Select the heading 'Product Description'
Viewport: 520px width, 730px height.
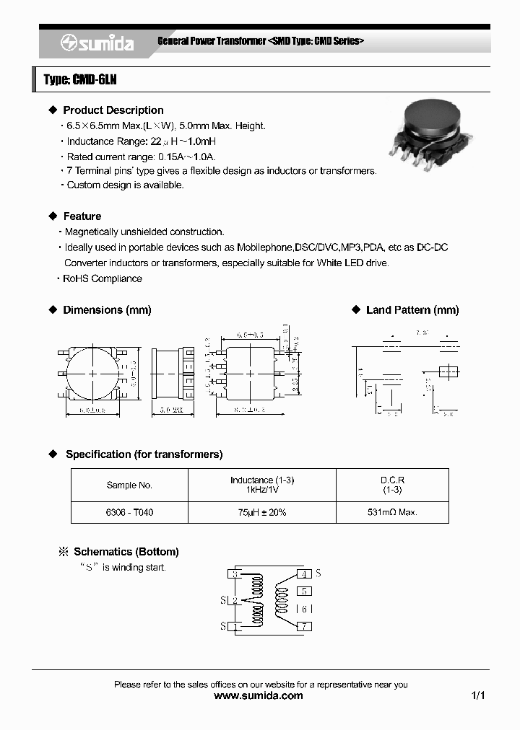tap(113, 110)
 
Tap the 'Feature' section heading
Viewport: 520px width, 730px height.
tap(82, 216)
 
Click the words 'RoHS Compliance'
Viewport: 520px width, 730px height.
tap(103, 278)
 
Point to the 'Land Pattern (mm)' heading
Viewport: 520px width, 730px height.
tap(412, 310)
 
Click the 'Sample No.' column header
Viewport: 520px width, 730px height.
tap(129, 485)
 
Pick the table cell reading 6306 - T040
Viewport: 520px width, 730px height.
tap(129, 513)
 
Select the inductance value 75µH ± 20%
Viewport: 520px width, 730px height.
tap(262, 513)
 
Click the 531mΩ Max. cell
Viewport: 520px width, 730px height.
tap(392, 513)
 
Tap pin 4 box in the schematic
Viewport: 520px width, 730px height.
tap(305, 574)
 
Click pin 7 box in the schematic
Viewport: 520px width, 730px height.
tap(305, 626)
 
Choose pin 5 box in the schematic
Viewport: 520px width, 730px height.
tap(305, 591)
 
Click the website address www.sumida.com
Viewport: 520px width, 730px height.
tap(259, 696)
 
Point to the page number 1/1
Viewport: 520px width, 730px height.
tap(478, 696)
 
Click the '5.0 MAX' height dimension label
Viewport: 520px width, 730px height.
tap(170, 411)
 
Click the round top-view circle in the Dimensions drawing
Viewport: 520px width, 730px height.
tap(92, 373)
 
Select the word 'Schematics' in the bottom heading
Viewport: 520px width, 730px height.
tap(103, 552)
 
